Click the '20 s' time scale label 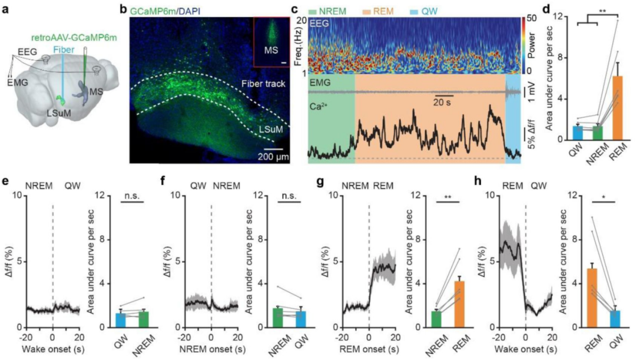point(445,101)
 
